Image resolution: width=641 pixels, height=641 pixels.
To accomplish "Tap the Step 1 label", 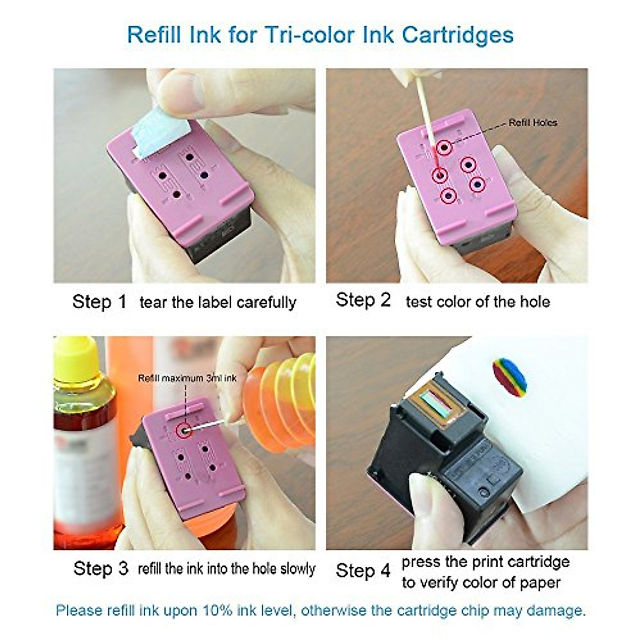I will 99,302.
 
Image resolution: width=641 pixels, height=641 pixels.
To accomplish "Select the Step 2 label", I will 363,300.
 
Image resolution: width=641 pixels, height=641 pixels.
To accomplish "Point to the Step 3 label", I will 101,568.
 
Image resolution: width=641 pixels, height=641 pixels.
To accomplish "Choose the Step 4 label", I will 363,570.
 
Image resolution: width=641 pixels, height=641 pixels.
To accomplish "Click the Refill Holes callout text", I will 533,123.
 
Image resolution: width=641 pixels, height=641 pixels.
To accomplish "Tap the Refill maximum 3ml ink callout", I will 187,378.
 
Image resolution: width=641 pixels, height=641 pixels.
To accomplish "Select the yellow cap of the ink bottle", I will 74,353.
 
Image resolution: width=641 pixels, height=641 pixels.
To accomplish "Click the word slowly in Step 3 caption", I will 295,569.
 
